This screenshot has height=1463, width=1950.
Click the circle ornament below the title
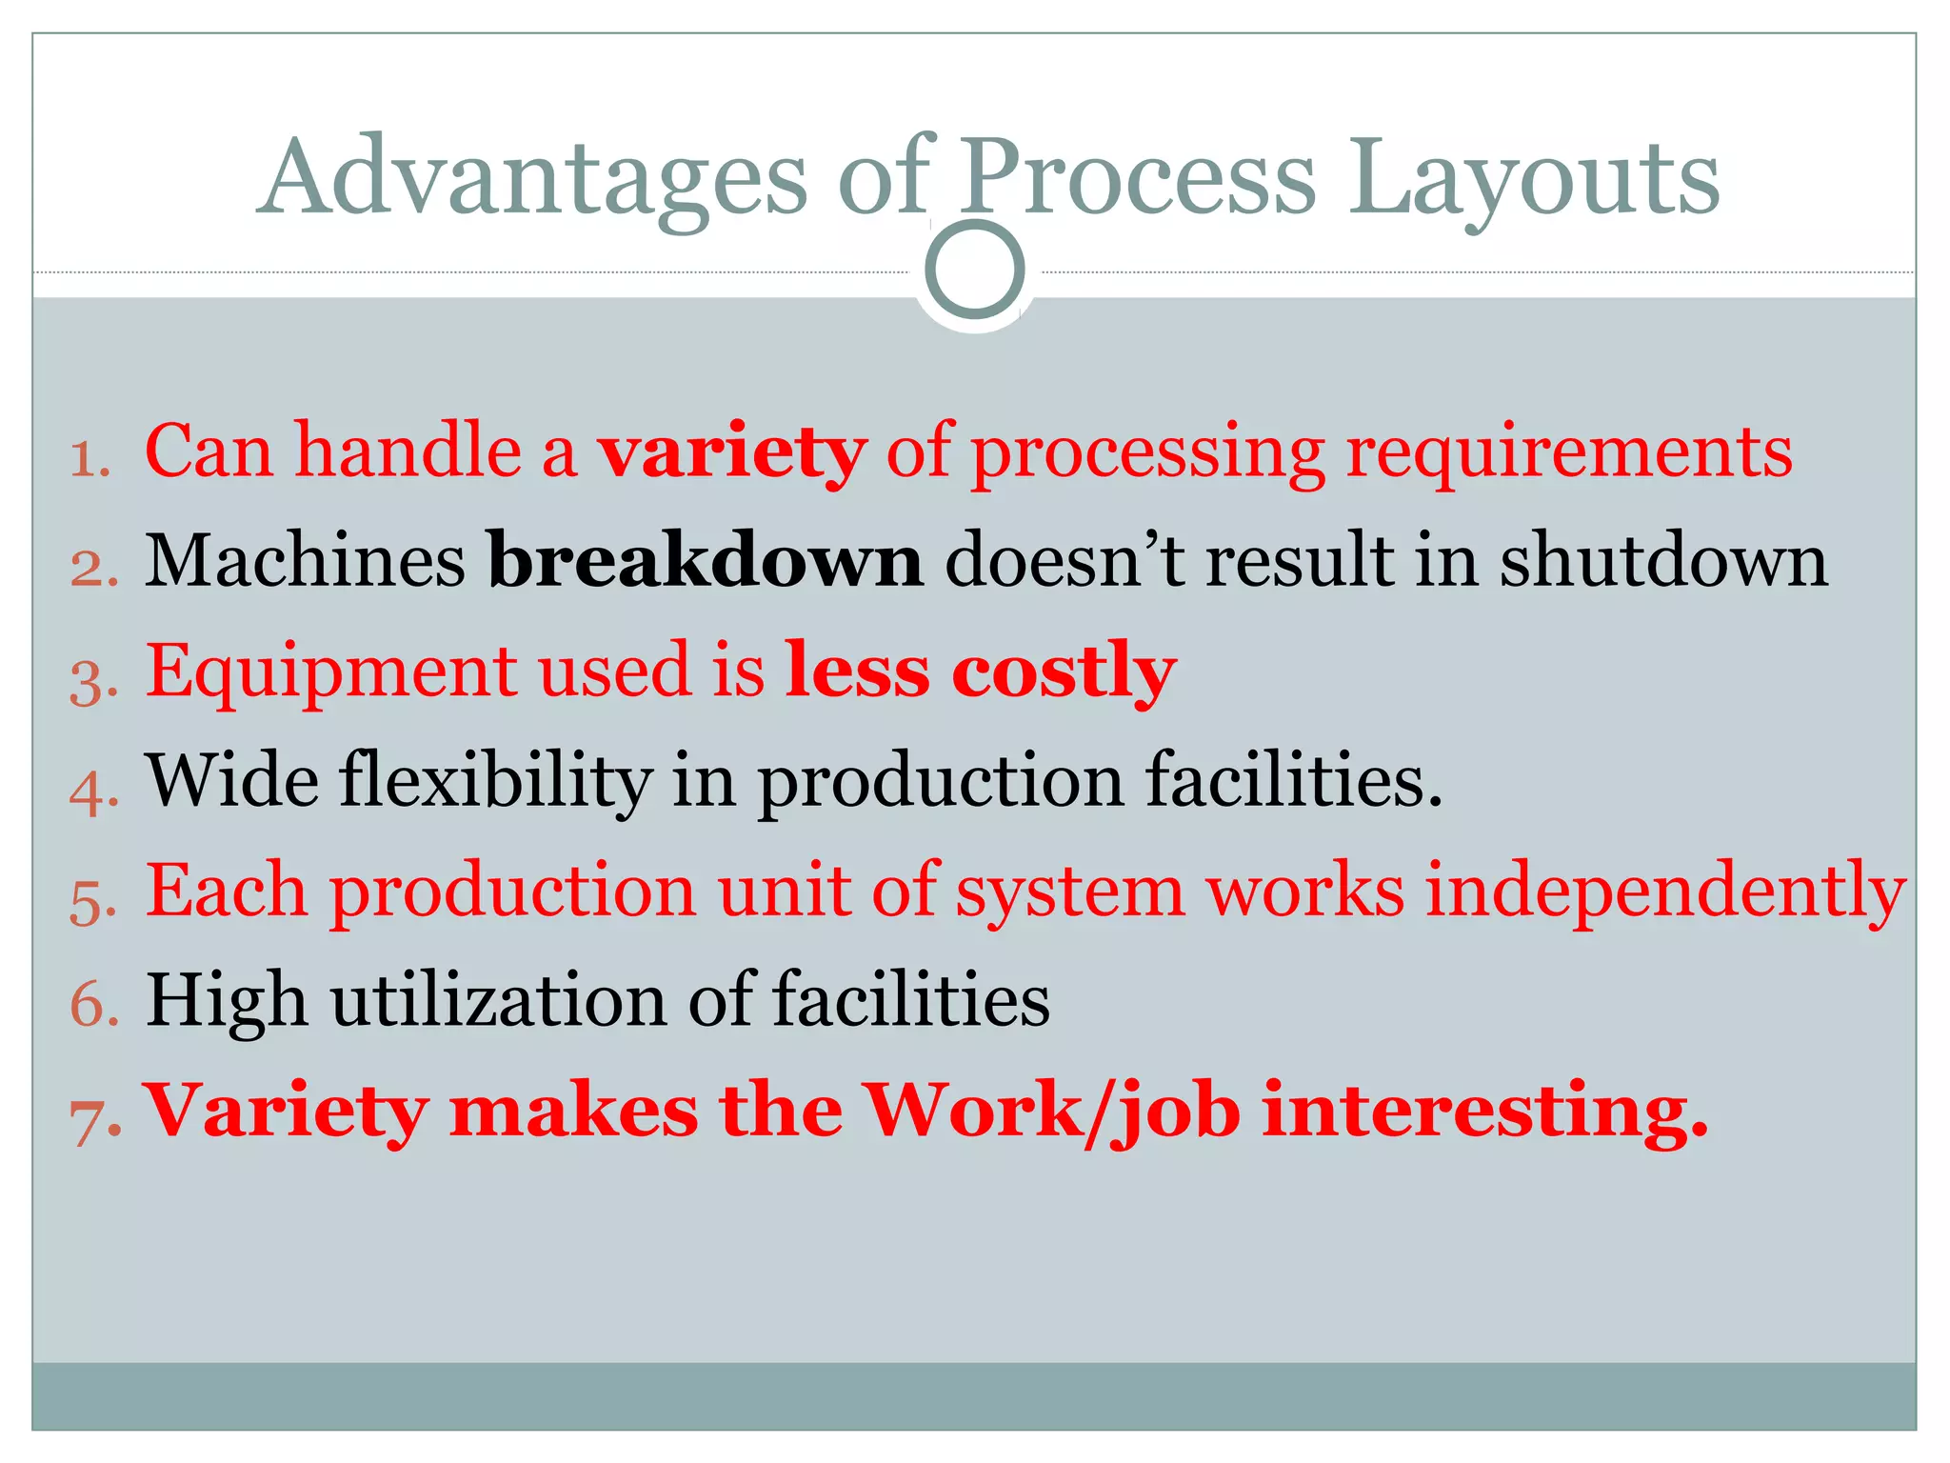tap(974, 271)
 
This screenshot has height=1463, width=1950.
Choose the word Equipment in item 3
tap(331, 672)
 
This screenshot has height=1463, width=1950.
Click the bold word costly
tap(1064, 672)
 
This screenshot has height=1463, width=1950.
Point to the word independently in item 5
tap(1665, 892)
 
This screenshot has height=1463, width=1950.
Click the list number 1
tap(90, 460)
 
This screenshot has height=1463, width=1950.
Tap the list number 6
tap(93, 1007)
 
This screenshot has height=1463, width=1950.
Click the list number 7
tap(94, 1119)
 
